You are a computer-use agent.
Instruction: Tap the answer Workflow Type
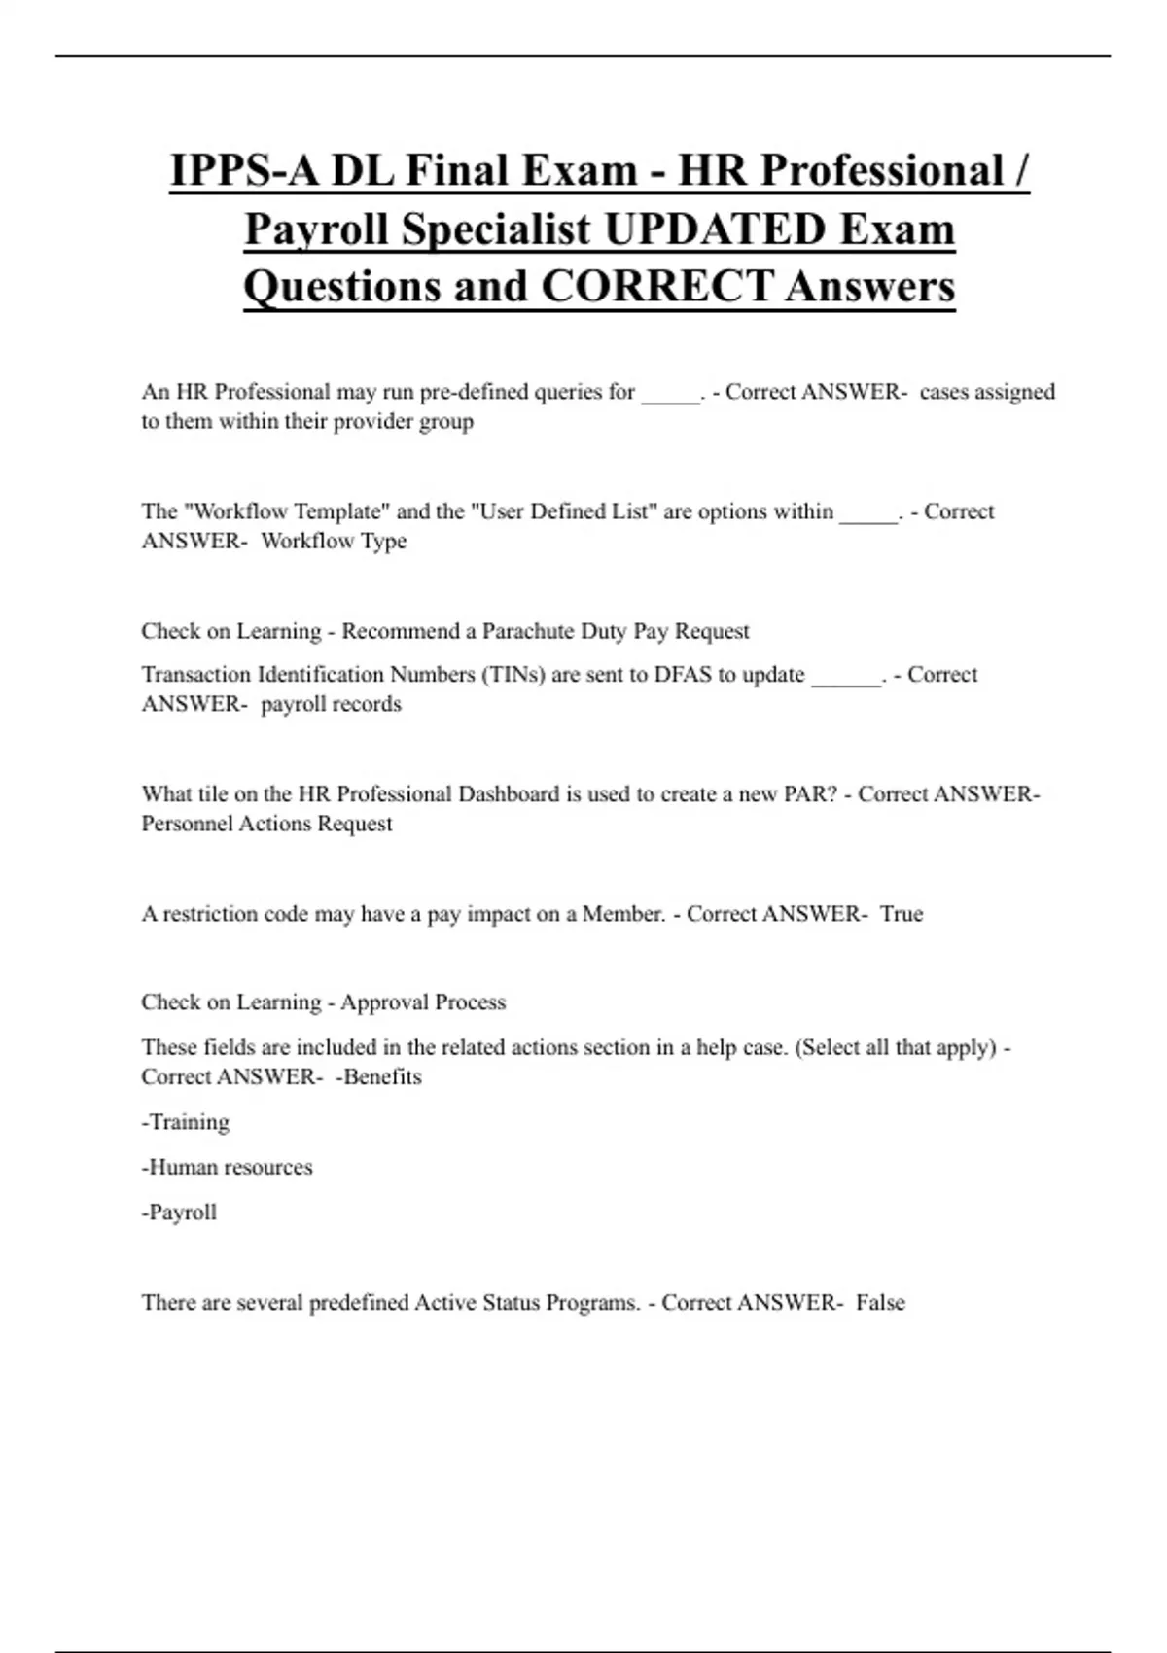(x=334, y=542)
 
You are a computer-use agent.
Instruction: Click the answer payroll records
(x=331, y=704)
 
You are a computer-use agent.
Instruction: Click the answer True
(x=902, y=914)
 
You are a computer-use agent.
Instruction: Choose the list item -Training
(x=186, y=1122)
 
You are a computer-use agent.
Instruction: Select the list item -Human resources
(x=227, y=1167)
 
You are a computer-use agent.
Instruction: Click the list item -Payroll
(x=179, y=1213)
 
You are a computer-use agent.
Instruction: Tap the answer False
(x=880, y=1303)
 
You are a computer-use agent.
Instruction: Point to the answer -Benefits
(x=378, y=1077)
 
